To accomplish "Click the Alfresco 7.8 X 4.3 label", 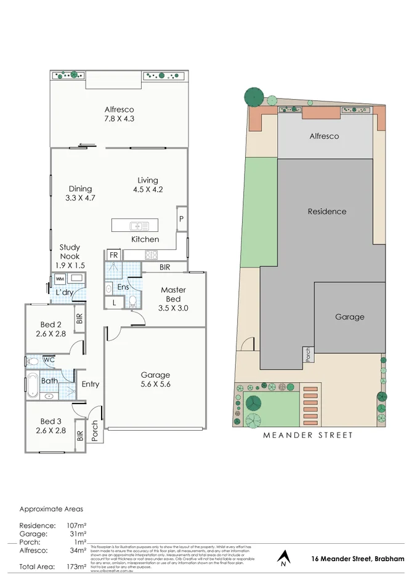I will point(119,115).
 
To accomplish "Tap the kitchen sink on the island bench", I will point(139,225).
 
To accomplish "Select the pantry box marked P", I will point(182,218).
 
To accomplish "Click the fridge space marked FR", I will point(113,255).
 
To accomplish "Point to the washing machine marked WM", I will point(60,278).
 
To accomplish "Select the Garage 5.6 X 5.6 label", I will point(155,380).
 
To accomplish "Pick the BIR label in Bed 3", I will point(80,435).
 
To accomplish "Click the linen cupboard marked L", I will point(114,302).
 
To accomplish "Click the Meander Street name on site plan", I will point(308,435).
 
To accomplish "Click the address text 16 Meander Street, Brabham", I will point(358,558).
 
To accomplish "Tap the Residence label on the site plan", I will point(327,211).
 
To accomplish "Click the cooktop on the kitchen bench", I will point(151,254).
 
